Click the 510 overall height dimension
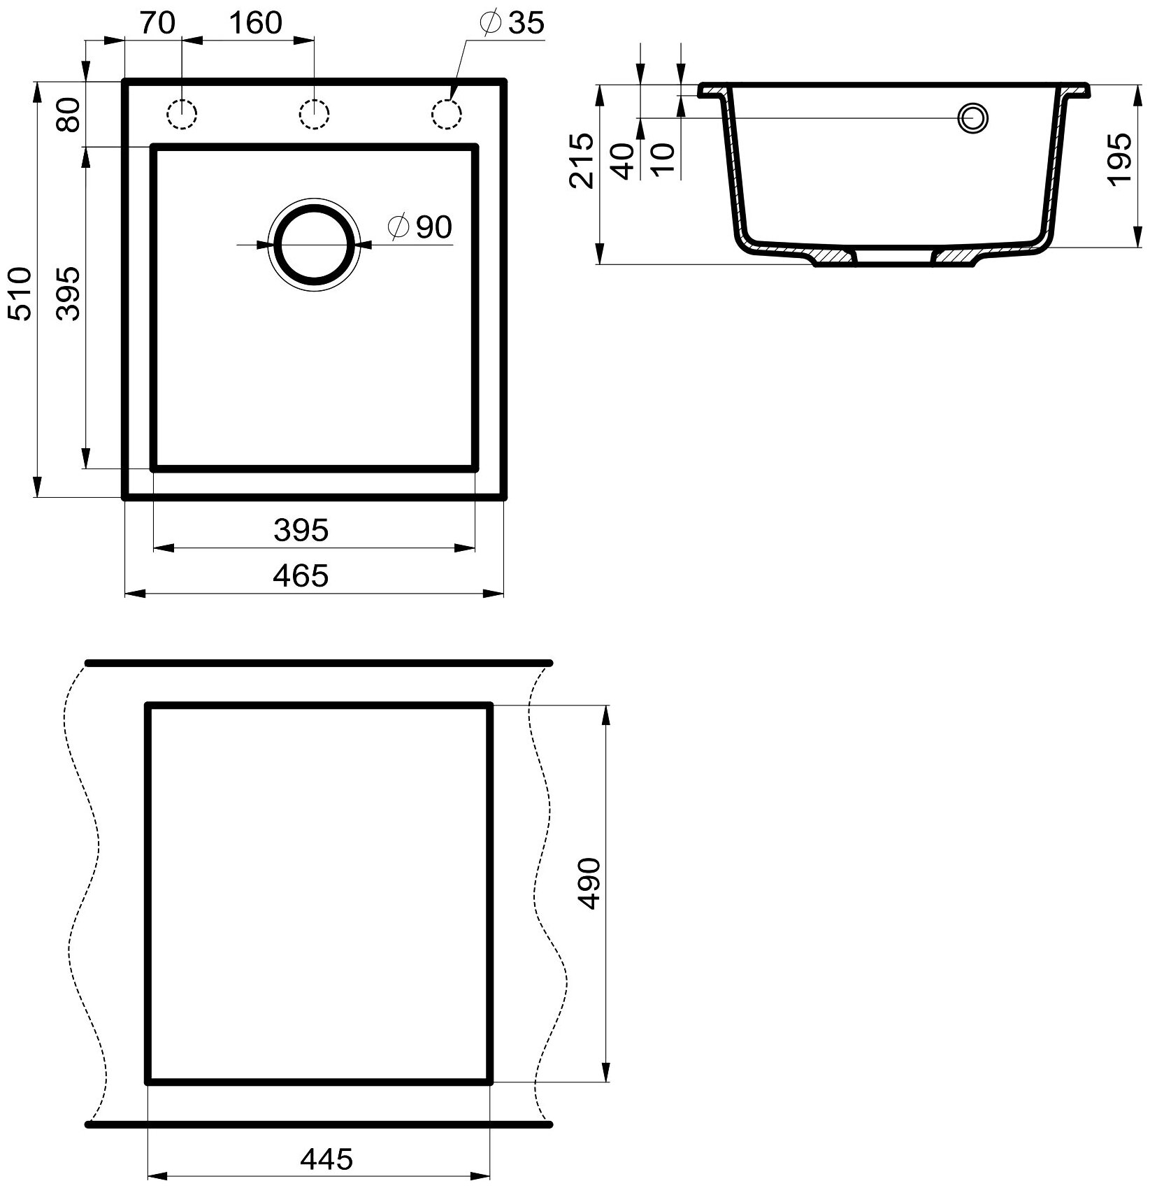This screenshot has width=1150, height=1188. (21, 293)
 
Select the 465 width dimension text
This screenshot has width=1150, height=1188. (301, 575)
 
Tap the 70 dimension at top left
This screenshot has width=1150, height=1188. (157, 22)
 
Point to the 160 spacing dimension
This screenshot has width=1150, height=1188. (254, 22)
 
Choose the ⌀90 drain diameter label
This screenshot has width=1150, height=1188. (420, 227)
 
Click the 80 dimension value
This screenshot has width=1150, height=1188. (69, 115)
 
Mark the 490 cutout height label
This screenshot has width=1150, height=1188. (589, 883)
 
